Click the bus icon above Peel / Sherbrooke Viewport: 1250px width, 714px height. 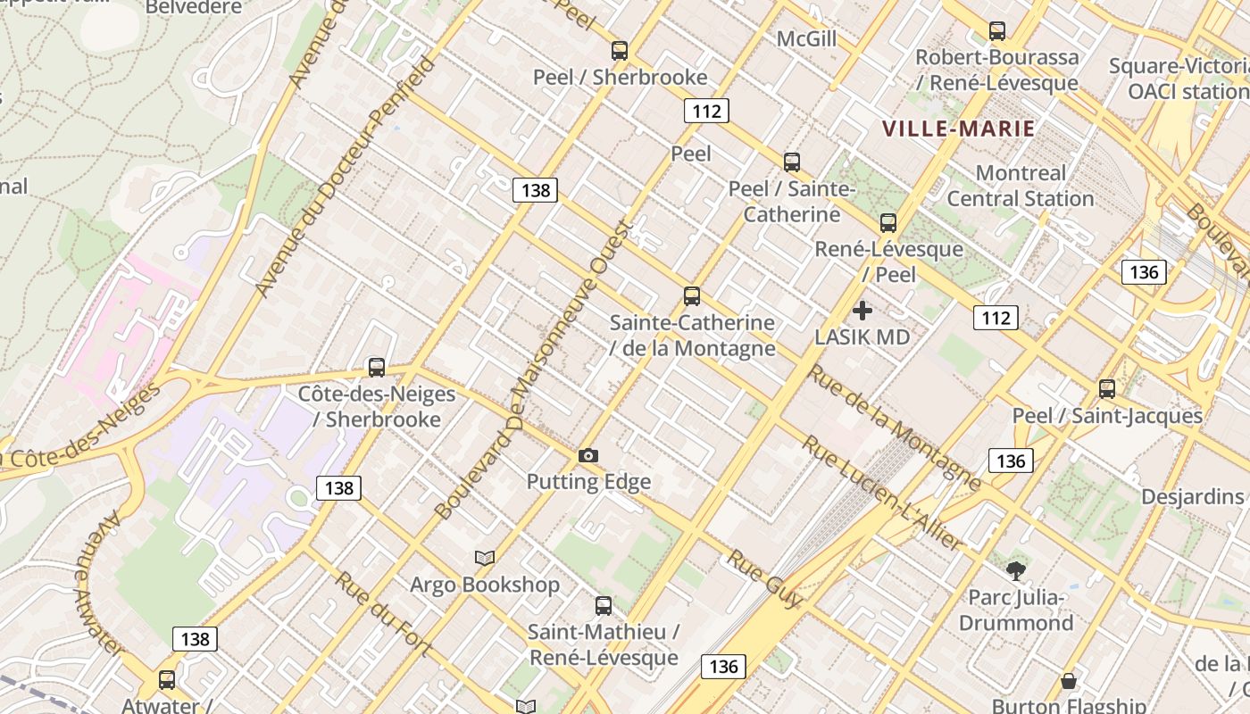pyautogui.click(x=619, y=51)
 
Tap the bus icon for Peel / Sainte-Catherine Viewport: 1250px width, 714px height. pyautogui.click(x=792, y=162)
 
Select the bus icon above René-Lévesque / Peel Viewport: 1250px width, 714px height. pyautogui.click(x=887, y=223)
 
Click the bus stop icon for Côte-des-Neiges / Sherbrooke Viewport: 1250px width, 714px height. pyautogui.click(x=377, y=368)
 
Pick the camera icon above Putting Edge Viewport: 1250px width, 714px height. pyautogui.click(x=587, y=456)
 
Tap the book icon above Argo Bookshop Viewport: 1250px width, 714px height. pyautogui.click(x=485, y=559)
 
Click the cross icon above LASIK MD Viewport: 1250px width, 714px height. pyautogui.click(x=862, y=311)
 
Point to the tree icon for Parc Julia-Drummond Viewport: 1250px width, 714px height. pyautogui.click(x=1015, y=571)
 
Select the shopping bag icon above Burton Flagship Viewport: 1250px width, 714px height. pyautogui.click(x=1068, y=682)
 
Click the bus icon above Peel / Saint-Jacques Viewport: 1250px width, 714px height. pyautogui.click(x=1107, y=389)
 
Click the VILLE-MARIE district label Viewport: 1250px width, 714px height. pyautogui.click(x=959, y=129)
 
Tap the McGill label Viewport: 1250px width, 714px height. pyautogui.click(x=806, y=39)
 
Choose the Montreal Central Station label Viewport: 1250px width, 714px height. pyautogui.click(x=1021, y=186)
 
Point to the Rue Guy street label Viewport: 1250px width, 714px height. pyautogui.click(x=764, y=578)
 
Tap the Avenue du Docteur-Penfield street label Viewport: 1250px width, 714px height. pyautogui.click(x=346, y=176)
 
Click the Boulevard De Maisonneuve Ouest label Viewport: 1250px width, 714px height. pyautogui.click(x=533, y=370)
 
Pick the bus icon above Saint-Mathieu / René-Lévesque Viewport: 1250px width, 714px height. pyautogui.click(x=604, y=606)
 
